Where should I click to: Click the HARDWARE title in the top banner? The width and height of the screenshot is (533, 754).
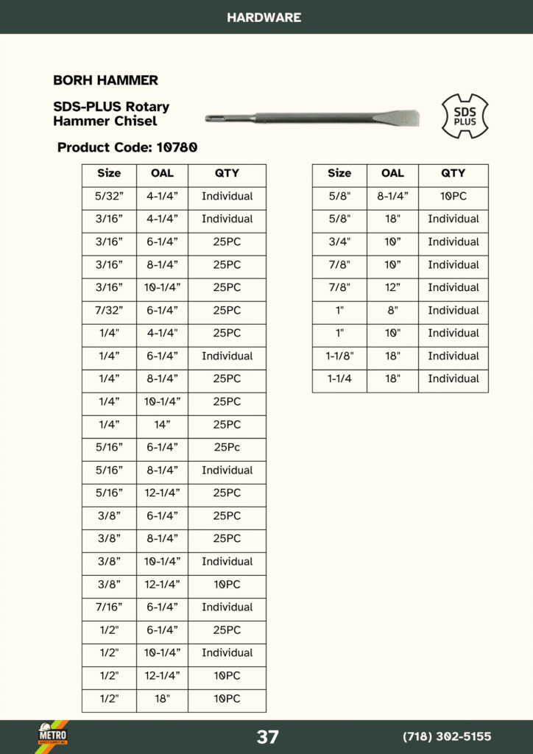click(264, 17)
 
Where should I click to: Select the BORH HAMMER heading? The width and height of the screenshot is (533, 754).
click(105, 80)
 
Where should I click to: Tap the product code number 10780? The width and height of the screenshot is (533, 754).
click(176, 147)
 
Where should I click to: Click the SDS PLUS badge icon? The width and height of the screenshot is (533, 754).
click(465, 116)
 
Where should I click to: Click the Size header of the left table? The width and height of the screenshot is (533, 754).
click(109, 174)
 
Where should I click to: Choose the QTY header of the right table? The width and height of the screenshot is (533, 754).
click(453, 174)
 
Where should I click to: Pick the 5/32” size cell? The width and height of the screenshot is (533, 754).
click(109, 197)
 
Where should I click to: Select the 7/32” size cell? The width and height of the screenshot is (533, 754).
click(109, 311)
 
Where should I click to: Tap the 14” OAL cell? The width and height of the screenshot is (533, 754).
click(162, 425)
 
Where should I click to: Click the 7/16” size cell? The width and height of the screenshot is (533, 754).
click(109, 607)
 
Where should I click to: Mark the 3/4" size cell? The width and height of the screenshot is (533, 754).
click(339, 242)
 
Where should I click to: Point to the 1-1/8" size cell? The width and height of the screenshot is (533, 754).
click(339, 356)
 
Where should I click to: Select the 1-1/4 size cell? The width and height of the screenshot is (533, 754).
click(339, 379)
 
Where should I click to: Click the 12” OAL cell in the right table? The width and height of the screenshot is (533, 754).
click(392, 288)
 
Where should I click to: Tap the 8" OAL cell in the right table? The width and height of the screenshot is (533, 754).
click(392, 311)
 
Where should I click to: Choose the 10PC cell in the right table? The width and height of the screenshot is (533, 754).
click(453, 197)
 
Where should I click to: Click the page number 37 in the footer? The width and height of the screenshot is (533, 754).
click(267, 737)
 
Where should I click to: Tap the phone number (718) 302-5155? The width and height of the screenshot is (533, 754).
click(447, 737)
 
